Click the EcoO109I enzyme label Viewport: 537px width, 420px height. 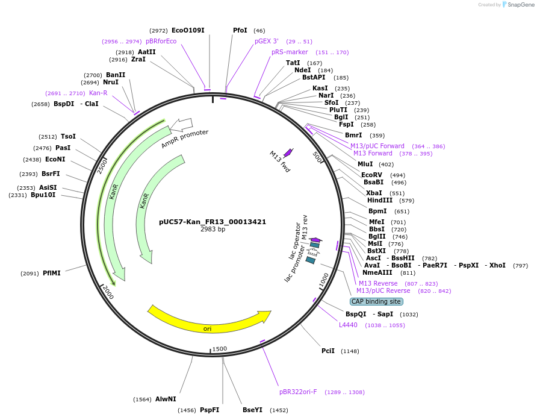188,30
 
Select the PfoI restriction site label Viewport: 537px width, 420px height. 240,30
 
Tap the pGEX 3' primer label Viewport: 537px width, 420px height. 267,41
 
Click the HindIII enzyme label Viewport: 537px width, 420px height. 380,200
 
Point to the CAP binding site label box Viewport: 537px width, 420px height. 376,301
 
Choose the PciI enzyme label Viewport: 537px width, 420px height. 328,351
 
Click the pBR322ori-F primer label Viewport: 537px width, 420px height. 298,392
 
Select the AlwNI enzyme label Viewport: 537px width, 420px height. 166,399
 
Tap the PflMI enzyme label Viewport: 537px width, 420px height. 52,273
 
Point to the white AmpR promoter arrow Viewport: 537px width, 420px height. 181,125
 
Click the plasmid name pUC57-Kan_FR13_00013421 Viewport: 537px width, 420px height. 213,221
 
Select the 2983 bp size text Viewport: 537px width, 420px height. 213,229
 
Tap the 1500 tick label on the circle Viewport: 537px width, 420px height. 220,348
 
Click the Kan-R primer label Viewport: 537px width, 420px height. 98,93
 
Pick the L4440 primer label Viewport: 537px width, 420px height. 348,325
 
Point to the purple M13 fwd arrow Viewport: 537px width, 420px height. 288,152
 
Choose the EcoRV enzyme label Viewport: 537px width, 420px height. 371,175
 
